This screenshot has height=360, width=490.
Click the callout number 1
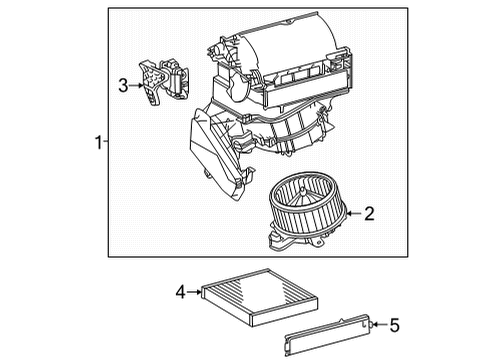pyautogui.click(x=98, y=144)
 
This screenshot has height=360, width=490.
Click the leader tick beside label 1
pyautogui.click(x=106, y=144)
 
